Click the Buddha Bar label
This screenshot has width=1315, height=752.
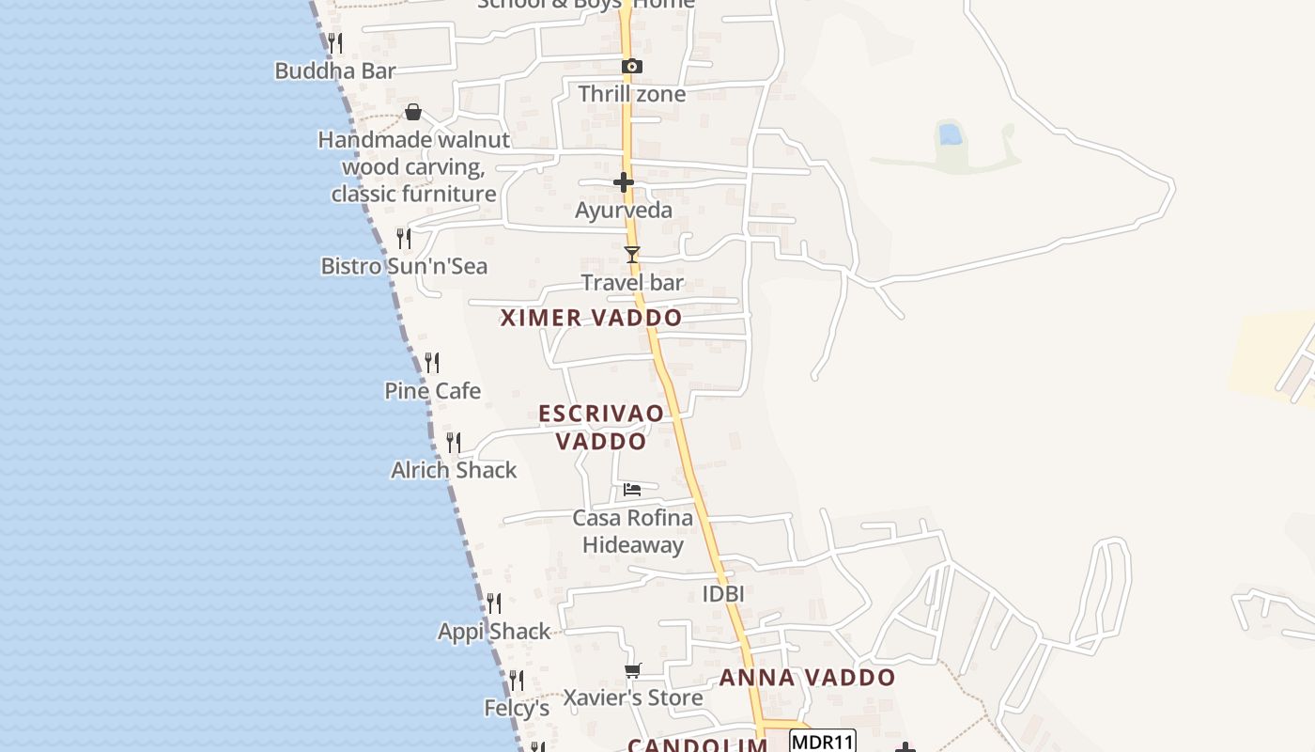(334, 70)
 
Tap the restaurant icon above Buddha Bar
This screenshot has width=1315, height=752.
(334, 42)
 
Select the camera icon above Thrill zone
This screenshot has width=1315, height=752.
(632, 66)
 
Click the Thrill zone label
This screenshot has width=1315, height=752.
(631, 94)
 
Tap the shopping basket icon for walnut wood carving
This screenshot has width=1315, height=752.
(413, 113)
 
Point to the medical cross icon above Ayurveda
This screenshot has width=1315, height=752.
(624, 181)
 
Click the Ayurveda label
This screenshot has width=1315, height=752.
(624, 210)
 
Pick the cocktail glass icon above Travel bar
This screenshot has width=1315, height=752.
(632, 255)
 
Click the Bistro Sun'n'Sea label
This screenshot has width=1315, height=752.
(404, 266)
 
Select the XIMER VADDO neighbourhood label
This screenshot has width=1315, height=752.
(591, 318)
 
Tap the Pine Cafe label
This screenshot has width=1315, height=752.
(432, 390)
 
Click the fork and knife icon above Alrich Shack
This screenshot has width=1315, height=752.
(454, 442)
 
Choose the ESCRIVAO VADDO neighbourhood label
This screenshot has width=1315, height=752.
(601, 427)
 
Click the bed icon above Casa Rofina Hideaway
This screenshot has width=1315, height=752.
(632, 490)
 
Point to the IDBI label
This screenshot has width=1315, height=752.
(723, 594)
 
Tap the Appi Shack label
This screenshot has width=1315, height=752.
(494, 631)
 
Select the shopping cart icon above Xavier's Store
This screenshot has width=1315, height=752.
(632, 670)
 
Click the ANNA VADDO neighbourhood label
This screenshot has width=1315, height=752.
(807, 678)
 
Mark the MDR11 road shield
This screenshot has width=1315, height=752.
(823, 742)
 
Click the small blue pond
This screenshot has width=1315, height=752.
(950, 134)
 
